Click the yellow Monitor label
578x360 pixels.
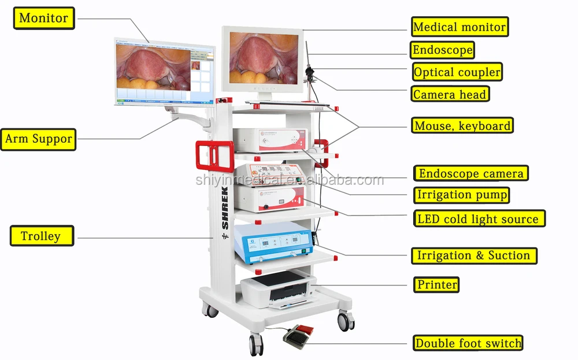click(x=44, y=18)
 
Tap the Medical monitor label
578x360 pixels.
click(x=460, y=27)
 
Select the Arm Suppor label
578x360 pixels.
click(x=39, y=139)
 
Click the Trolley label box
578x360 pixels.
click(x=42, y=236)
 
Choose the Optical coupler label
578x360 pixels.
click(x=457, y=72)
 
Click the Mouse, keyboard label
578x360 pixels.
click(x=462, y=125)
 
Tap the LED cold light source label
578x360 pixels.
click(x=478, y=219)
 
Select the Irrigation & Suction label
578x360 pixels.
click(x=473, y=255)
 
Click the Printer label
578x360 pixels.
click(x=437, y=284)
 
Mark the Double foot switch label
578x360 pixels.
click(x=468, y=343)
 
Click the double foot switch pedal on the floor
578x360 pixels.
click(x=297, y=335)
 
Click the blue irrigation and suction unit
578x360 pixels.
click(x=273, y=242)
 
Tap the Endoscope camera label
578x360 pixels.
click(x=470, y=173)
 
